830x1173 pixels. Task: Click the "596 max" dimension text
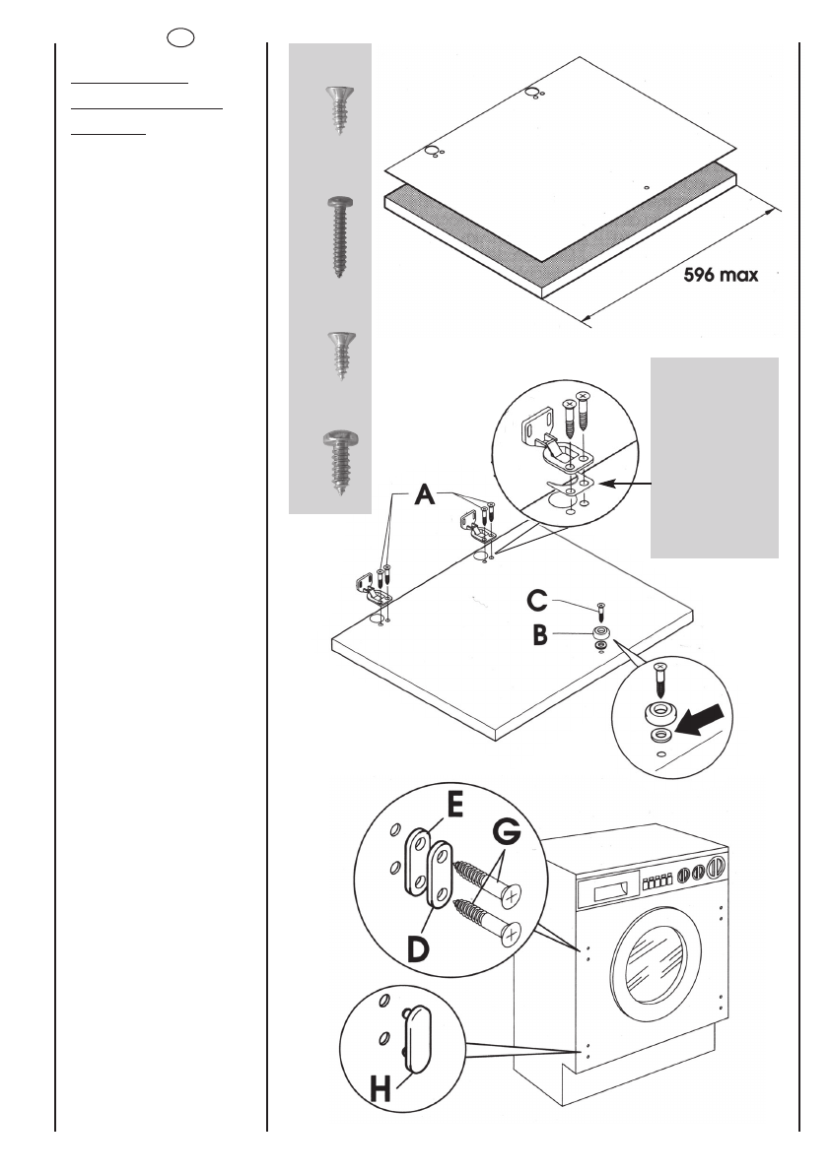(x=722, y=276)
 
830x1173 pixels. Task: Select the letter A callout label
(x=423, y=497)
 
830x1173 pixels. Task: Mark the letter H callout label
(x=380, y=1088)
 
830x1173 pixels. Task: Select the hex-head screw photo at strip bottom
(x=339, y=461)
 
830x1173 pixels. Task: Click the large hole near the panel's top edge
(x=533, y=93)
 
